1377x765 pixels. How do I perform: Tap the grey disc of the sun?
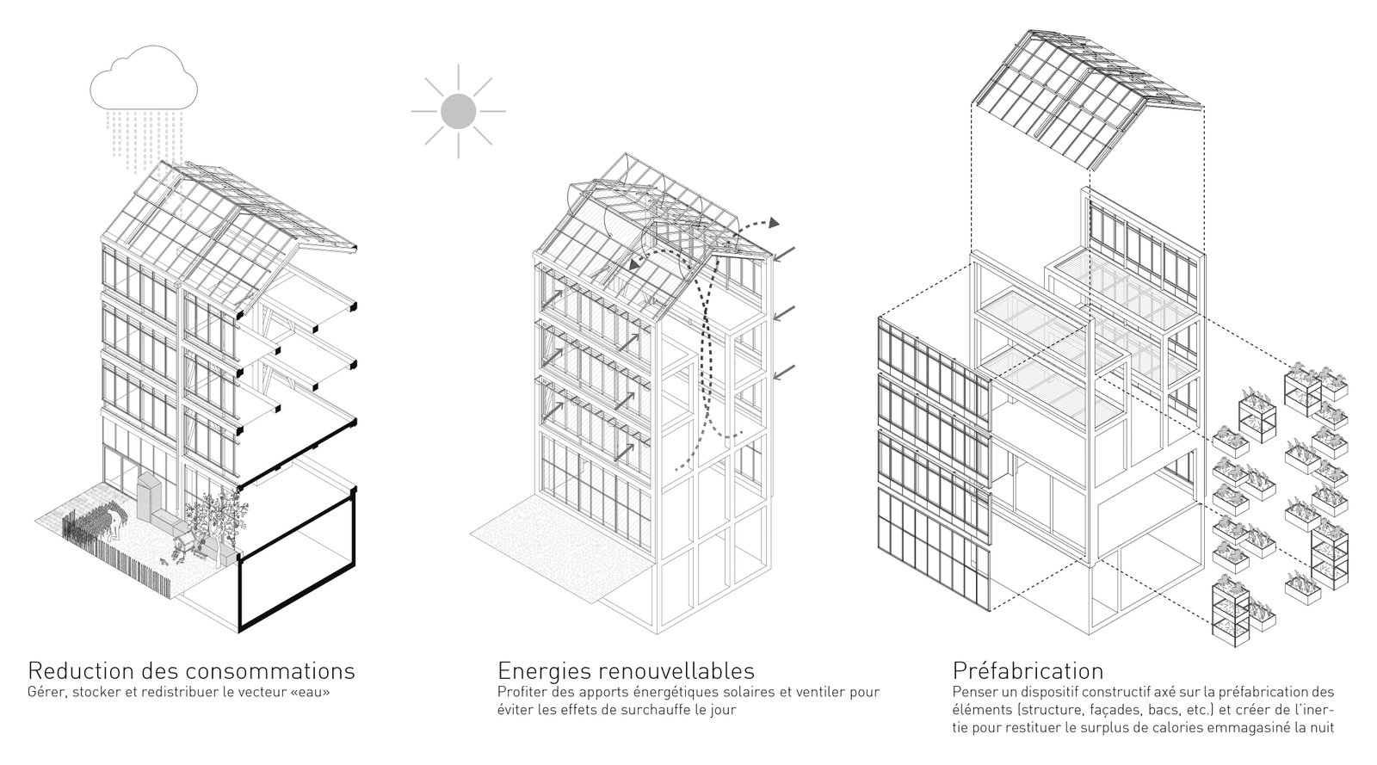(458, 111)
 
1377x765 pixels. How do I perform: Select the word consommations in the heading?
(270, 669)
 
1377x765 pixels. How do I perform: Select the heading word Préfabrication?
(1028, 669)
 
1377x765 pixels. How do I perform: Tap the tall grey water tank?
(148, 498)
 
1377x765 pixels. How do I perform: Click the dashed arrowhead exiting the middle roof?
(775, 222)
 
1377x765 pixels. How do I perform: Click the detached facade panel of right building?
(935, 464)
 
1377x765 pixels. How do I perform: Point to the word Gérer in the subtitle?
(46, 692)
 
